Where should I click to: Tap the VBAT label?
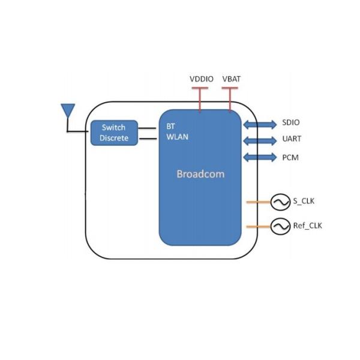click(231, 79)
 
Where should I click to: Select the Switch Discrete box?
click(114, 133)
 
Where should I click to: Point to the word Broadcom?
click(200, 174)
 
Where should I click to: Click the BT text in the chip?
click(170, 127)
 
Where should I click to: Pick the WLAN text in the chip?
click(177, 137)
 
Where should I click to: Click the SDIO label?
click(291, 123)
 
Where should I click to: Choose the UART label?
click(292, 139)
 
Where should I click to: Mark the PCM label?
click(290, 157)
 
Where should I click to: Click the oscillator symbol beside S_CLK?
click(280, 203)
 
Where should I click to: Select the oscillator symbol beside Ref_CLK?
click(280, 226)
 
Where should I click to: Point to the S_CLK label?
click(304, 202)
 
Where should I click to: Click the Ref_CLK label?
click(308, 226)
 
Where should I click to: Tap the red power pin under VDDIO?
click(199, 99)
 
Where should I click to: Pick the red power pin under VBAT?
click(230, 99)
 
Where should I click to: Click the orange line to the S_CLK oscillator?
click(258, 203)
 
